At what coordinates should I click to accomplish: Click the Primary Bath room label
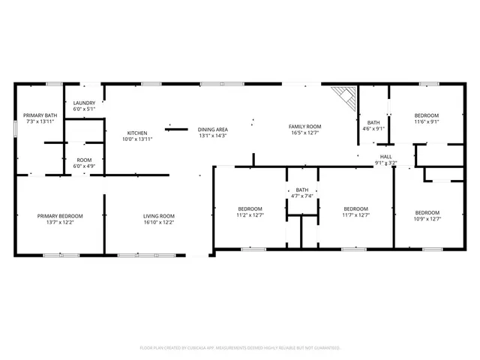[x=40, y=115]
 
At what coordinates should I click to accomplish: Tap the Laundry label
[x=84, y=103]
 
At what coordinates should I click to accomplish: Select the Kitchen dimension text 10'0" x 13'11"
[x=136, y=139]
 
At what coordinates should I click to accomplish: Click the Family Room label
[x=304, y=126]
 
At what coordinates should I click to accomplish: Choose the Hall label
[x=387, y=156]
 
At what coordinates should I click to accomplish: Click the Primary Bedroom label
[x=60, y=216]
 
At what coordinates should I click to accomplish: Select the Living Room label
[x=158, y=216]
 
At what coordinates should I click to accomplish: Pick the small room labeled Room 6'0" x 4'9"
[x=84, y=160]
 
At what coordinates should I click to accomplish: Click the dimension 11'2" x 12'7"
[x=250, y=215]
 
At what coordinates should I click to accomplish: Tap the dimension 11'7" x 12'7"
[x=355, y=215]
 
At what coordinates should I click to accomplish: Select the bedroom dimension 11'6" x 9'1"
[x=427, y=121]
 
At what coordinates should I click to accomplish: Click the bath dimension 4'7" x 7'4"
[x=302, y=196]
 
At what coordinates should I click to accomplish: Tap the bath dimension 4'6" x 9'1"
[x=373, y=128]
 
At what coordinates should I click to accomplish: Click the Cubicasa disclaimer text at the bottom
[x=240, y=348]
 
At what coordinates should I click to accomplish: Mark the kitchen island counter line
[x=176, y=129]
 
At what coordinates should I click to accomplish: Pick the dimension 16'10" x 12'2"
[x=158, y=223]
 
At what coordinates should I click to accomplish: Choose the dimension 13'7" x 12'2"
[x=60, y=223]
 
